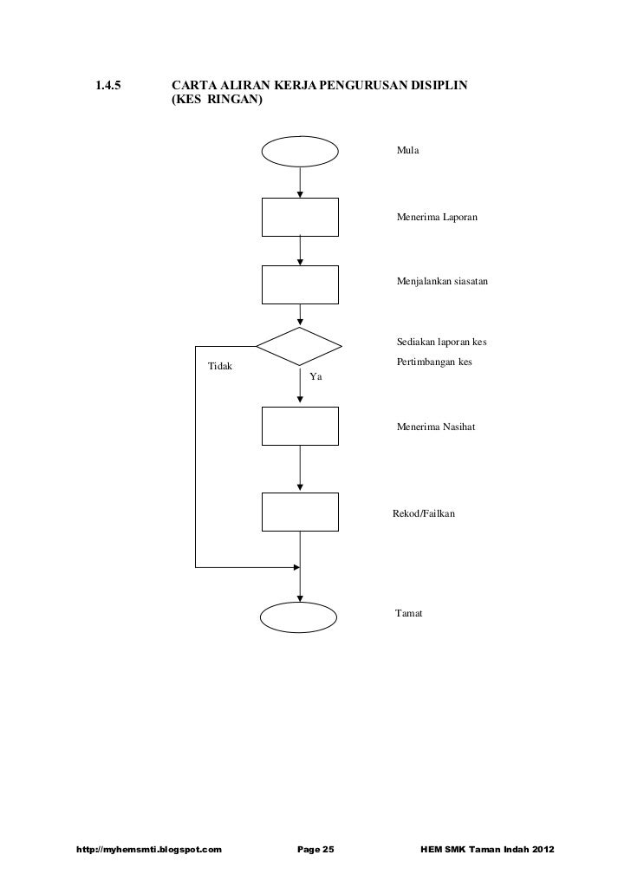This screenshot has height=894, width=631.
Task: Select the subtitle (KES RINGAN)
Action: pyautogui.click(x=217, y=101)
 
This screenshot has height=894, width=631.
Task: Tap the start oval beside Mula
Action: pyautogui.click(x=300, y=151)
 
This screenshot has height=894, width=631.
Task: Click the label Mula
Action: pyautogui.click(x=408, y=151)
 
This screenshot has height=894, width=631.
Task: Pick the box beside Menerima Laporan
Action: pyautogui.click(x=300, y=217)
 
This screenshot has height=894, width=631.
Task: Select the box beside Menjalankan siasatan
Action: pyautogui.click(x=300, y=284)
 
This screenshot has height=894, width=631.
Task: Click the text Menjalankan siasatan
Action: pyautogui.click(x=442, y=284)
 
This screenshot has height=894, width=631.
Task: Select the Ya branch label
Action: pyautogui.click(x=315, y=377)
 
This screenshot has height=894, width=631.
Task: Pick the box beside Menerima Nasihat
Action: pyautogui.click(x=300, y=425)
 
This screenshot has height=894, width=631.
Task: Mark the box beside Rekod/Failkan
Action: pyautogui.click(x=300, y=512)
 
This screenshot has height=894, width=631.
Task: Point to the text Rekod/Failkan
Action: pyautogui.click(x=422, y=513)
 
